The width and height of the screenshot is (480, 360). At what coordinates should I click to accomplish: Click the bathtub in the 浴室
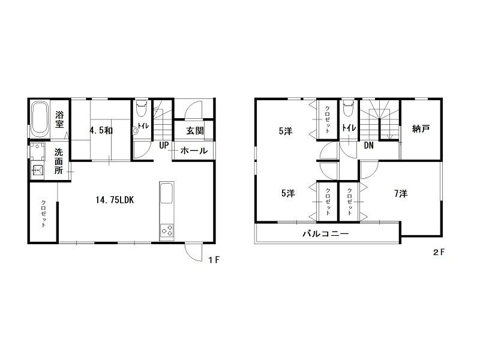click(40, 119)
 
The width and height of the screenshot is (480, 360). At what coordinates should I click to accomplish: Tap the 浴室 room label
click(59, 119)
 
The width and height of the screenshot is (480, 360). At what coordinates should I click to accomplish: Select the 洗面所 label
click(59, 161)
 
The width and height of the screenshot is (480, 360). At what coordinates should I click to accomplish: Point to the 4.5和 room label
click(101, 131)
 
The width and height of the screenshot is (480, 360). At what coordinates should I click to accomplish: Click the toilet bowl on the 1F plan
click(141, 109)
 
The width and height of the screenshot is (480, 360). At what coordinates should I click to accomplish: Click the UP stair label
click(164, 145)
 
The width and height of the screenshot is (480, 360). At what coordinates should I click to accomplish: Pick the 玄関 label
click(195, 131)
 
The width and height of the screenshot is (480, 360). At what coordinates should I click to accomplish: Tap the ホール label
click(194, 151)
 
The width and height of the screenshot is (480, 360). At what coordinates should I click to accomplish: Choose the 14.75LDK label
click(115, 200)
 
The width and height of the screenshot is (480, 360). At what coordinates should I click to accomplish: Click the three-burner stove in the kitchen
click(167, 230)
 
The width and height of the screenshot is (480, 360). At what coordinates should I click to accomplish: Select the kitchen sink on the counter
click(167, 193)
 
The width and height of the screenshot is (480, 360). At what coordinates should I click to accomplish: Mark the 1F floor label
click(214, 260)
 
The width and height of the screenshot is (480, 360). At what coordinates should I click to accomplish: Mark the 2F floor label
click(439, 253)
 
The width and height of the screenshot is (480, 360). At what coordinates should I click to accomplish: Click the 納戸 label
click(421, 129)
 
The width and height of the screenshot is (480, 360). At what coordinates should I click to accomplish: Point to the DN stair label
click(369, 145)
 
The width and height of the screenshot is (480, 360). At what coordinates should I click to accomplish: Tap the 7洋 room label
click(401, 193)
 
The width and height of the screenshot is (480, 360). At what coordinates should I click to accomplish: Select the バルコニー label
click(326, 234)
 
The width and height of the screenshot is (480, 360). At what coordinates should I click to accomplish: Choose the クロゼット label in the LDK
click(43, 214)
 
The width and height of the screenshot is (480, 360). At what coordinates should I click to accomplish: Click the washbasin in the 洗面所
click(37, 169)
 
